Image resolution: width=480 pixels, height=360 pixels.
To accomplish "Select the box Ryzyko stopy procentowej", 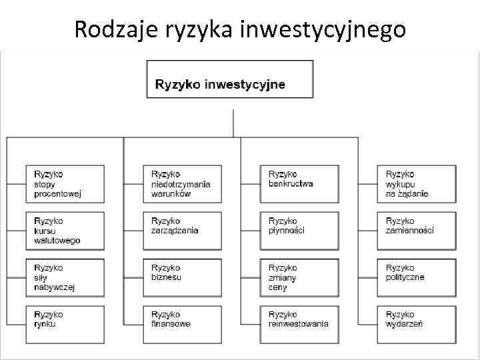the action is click(x=65, y=183).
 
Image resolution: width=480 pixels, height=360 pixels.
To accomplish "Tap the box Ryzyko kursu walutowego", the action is click(x=65, y=230).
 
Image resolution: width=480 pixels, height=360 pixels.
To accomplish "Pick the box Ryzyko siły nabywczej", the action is click(x=65, y=277).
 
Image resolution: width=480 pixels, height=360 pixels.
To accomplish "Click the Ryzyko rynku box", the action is click(x=65, y=323).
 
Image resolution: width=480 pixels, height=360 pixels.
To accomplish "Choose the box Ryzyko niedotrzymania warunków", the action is click(x=182, y=183).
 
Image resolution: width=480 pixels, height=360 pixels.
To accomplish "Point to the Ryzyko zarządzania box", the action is click(x=182, y=230).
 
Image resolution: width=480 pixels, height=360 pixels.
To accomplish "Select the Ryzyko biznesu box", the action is click(x=182, y=277).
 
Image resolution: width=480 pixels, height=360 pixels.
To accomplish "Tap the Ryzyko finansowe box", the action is click(x=182, y=323).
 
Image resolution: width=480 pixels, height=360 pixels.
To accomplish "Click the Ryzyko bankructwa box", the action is click(x=299, y=183).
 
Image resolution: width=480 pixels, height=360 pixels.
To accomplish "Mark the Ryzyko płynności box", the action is click(x=299, y=230).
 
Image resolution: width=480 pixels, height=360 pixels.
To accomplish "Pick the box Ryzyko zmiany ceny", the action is click(x=299, y=277).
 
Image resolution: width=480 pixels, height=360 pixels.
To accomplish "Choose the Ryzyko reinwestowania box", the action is click(x=299, y=323).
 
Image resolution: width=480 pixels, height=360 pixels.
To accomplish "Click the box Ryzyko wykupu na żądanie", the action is click(x=417, y=183).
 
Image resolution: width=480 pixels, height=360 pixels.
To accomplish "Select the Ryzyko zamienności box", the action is click(x=417, y=230).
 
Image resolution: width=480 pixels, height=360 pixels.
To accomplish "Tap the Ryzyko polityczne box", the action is click(x=417, y=277).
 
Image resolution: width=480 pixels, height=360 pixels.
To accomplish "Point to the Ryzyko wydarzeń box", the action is click(x=417, y=323).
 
